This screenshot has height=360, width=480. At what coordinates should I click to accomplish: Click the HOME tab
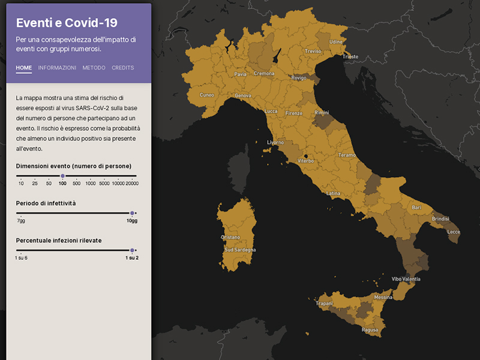click(x=24, y=68)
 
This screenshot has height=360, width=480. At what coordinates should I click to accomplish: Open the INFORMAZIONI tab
click(x=57, y=68)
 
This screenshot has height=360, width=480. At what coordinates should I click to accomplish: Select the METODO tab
click(x=94, y=68)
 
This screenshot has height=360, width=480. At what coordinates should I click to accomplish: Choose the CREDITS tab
click(x=122, y=68)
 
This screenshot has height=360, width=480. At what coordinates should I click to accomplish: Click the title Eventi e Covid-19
click(x=67, y=23)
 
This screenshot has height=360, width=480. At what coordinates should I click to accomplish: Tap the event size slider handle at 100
click(x=62, y=176)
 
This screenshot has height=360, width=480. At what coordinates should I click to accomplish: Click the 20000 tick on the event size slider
click(x=132, y=182)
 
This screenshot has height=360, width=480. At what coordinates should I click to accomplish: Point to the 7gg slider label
click(x=21, y=221)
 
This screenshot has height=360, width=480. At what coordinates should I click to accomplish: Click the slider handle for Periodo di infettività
click(x=132, y=213)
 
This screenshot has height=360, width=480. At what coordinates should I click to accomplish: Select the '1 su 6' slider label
click(x=22, y=257)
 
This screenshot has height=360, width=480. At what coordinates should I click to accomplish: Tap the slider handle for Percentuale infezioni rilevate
click(x=132, y=250)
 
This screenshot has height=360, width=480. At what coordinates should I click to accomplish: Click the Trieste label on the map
click(x=350, y=57)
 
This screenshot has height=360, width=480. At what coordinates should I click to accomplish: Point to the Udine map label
click(x=336, y=42)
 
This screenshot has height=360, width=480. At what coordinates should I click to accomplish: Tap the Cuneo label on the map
click(x=206, y=95)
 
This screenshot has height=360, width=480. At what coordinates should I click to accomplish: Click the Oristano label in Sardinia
click(x=230, y=238)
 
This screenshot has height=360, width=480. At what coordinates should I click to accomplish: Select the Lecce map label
click(x=454, y=232)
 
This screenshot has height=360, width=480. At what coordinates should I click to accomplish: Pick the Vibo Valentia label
click(x=406, y=279)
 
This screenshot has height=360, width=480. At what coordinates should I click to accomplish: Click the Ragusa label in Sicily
click(x=370, y=330)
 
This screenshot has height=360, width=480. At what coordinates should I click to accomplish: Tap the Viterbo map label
click(x=305, y=161)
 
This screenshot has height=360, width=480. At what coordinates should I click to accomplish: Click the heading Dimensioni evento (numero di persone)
click(x=74, y=166)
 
